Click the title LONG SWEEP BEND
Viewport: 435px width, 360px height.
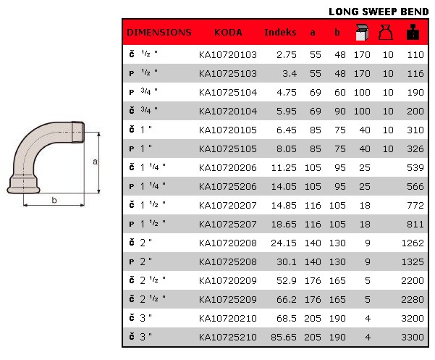[x=379, y=12]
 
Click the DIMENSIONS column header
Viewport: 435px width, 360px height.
[x=159, y=33]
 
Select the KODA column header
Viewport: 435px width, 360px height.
[x=228, y=33]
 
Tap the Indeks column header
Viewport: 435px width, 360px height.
[x=280, y=33]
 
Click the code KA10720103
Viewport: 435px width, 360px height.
[x=227, y=54]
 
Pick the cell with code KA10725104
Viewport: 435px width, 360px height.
[x=227, y=92]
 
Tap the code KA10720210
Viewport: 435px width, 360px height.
[x=227, y=318]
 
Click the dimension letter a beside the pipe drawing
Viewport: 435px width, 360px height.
[x=95, y=162]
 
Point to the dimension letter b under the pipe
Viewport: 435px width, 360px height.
[x=54, y=198]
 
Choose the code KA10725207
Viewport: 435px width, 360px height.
[x=227, y=224]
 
